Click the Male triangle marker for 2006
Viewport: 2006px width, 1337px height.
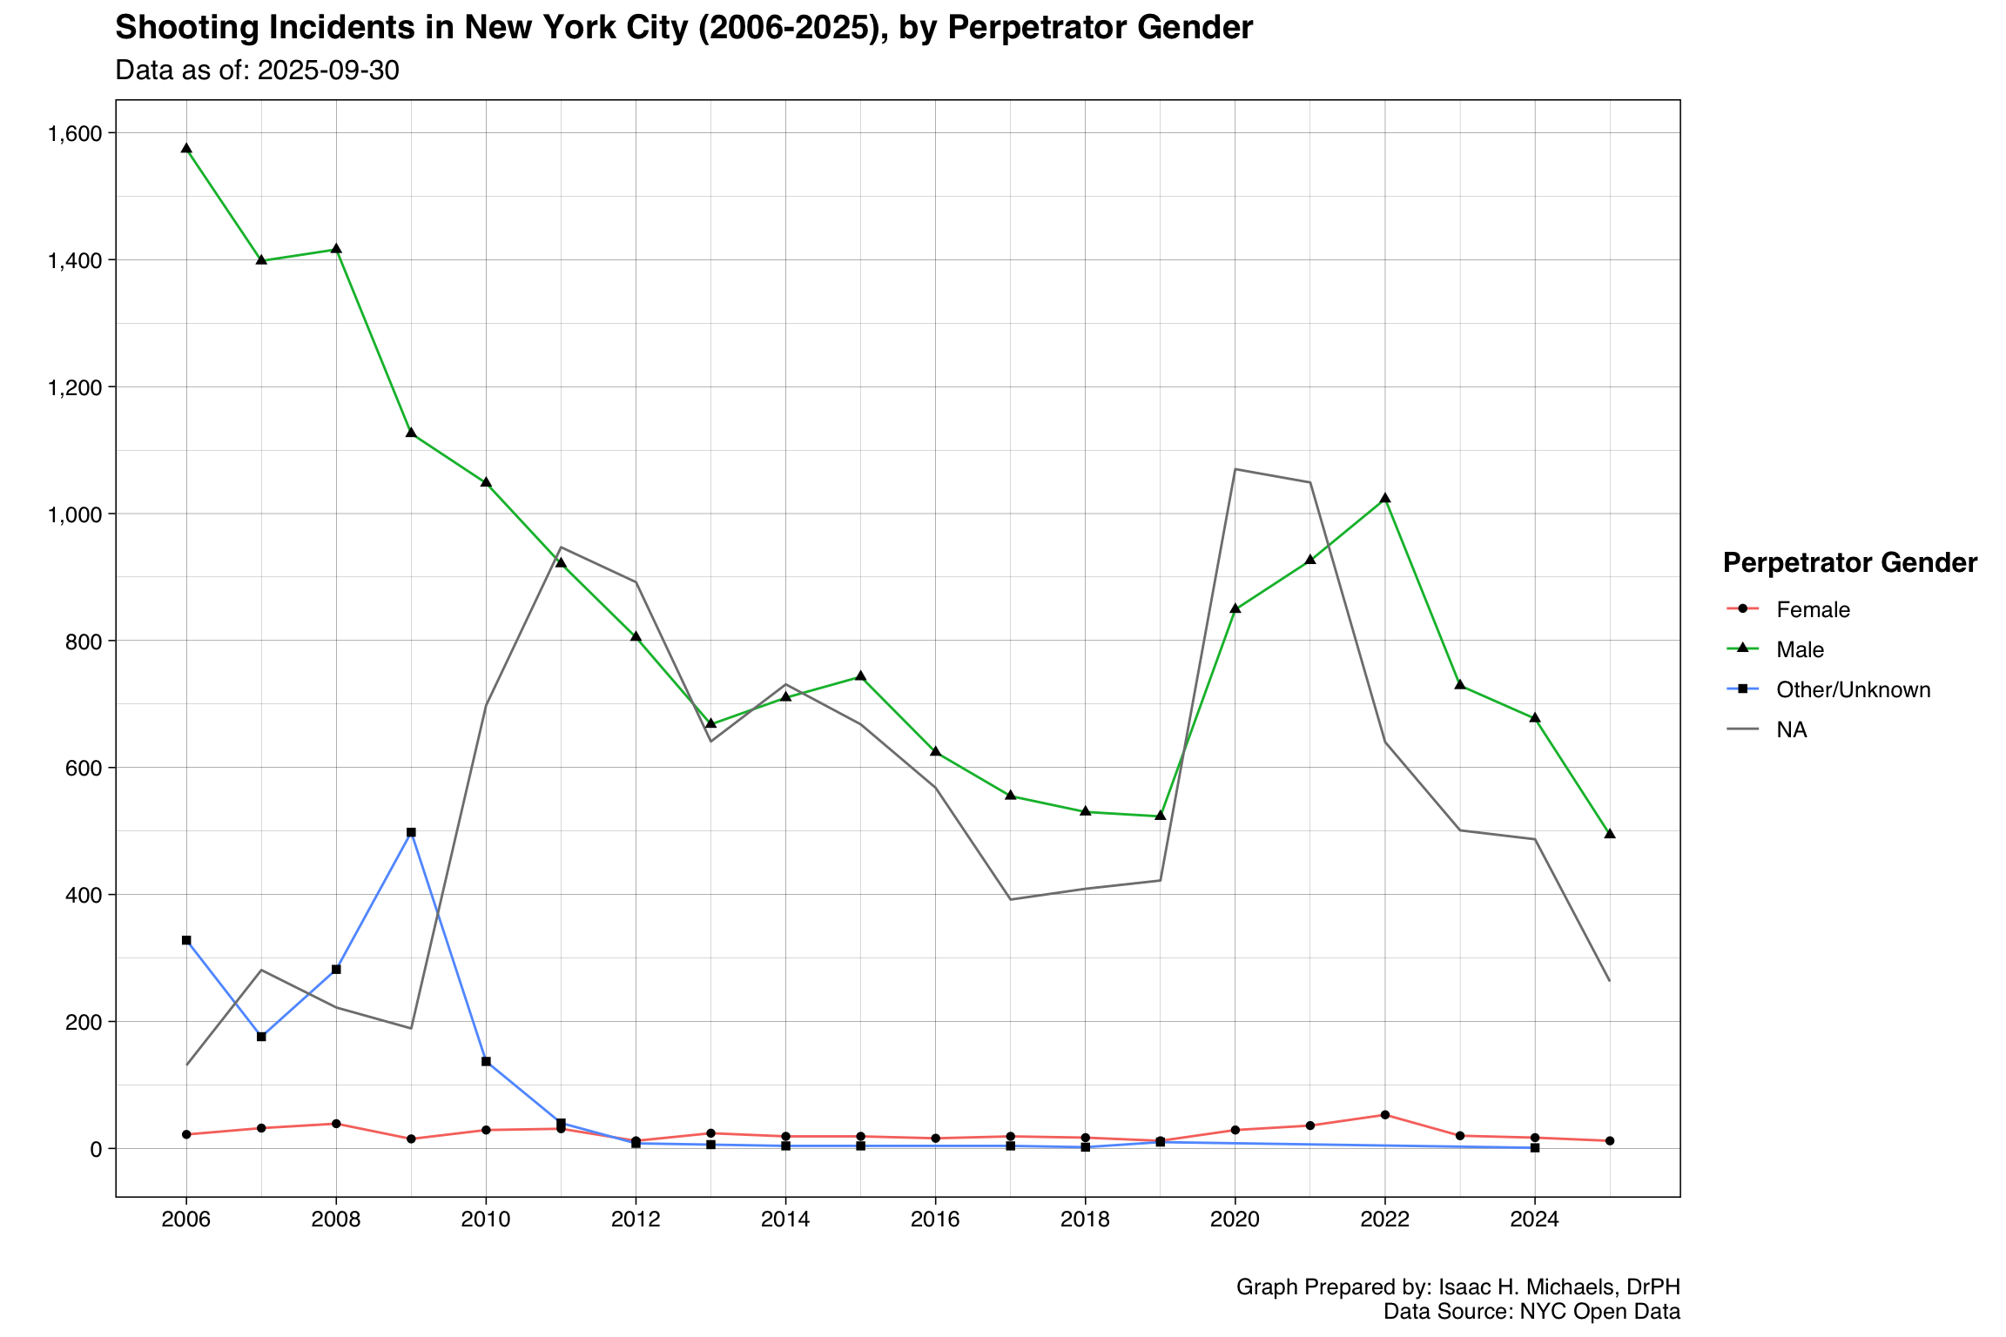[186, 148]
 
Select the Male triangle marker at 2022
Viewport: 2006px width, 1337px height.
[1385, 498]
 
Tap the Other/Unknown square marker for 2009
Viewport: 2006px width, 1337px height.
[411, 832]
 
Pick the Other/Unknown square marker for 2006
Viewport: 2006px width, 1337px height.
[186, 940]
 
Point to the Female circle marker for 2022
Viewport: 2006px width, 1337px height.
[1385, 1115]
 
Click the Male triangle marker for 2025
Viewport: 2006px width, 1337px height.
[1610, 833]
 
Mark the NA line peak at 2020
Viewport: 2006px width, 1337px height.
[1235, 469]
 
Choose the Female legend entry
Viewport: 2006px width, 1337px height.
[1813, 609]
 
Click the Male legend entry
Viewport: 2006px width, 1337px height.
[1800, 649]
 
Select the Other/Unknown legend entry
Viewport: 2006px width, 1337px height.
[1853, 689]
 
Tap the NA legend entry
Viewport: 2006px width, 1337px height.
[1792, 729]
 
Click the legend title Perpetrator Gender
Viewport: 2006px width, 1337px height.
[1849, 563]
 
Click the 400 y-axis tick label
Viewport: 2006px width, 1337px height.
[84, 894]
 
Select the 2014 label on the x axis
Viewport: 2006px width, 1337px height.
[785, 1219]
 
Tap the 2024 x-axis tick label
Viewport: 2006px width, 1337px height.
[1534, 1219]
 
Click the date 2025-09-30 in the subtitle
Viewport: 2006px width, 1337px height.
[328, 71]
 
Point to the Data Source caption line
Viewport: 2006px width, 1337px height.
[1531, 1311]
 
